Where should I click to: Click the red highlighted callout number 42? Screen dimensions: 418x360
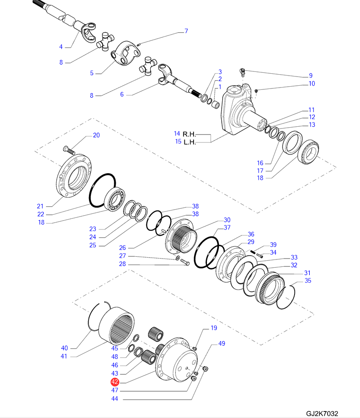(115, 382)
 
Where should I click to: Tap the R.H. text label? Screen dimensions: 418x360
(189, 134)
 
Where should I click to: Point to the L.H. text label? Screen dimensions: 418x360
(189, 142)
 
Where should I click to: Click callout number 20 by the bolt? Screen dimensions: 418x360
(96, 135)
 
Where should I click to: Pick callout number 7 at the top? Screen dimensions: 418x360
(186, 31)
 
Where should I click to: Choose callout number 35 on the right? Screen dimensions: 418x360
(308, 281)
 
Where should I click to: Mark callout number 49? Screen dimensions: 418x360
(222, 344)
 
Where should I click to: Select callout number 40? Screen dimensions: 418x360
(64, 348)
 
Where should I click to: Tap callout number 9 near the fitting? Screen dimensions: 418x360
(311, 76)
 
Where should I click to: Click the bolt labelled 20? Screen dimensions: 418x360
(68, 149)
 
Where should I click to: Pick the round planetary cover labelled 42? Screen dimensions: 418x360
(177, 357)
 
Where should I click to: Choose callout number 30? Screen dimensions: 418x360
(227, 220)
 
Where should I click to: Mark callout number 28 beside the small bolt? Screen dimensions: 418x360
(122, 265)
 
